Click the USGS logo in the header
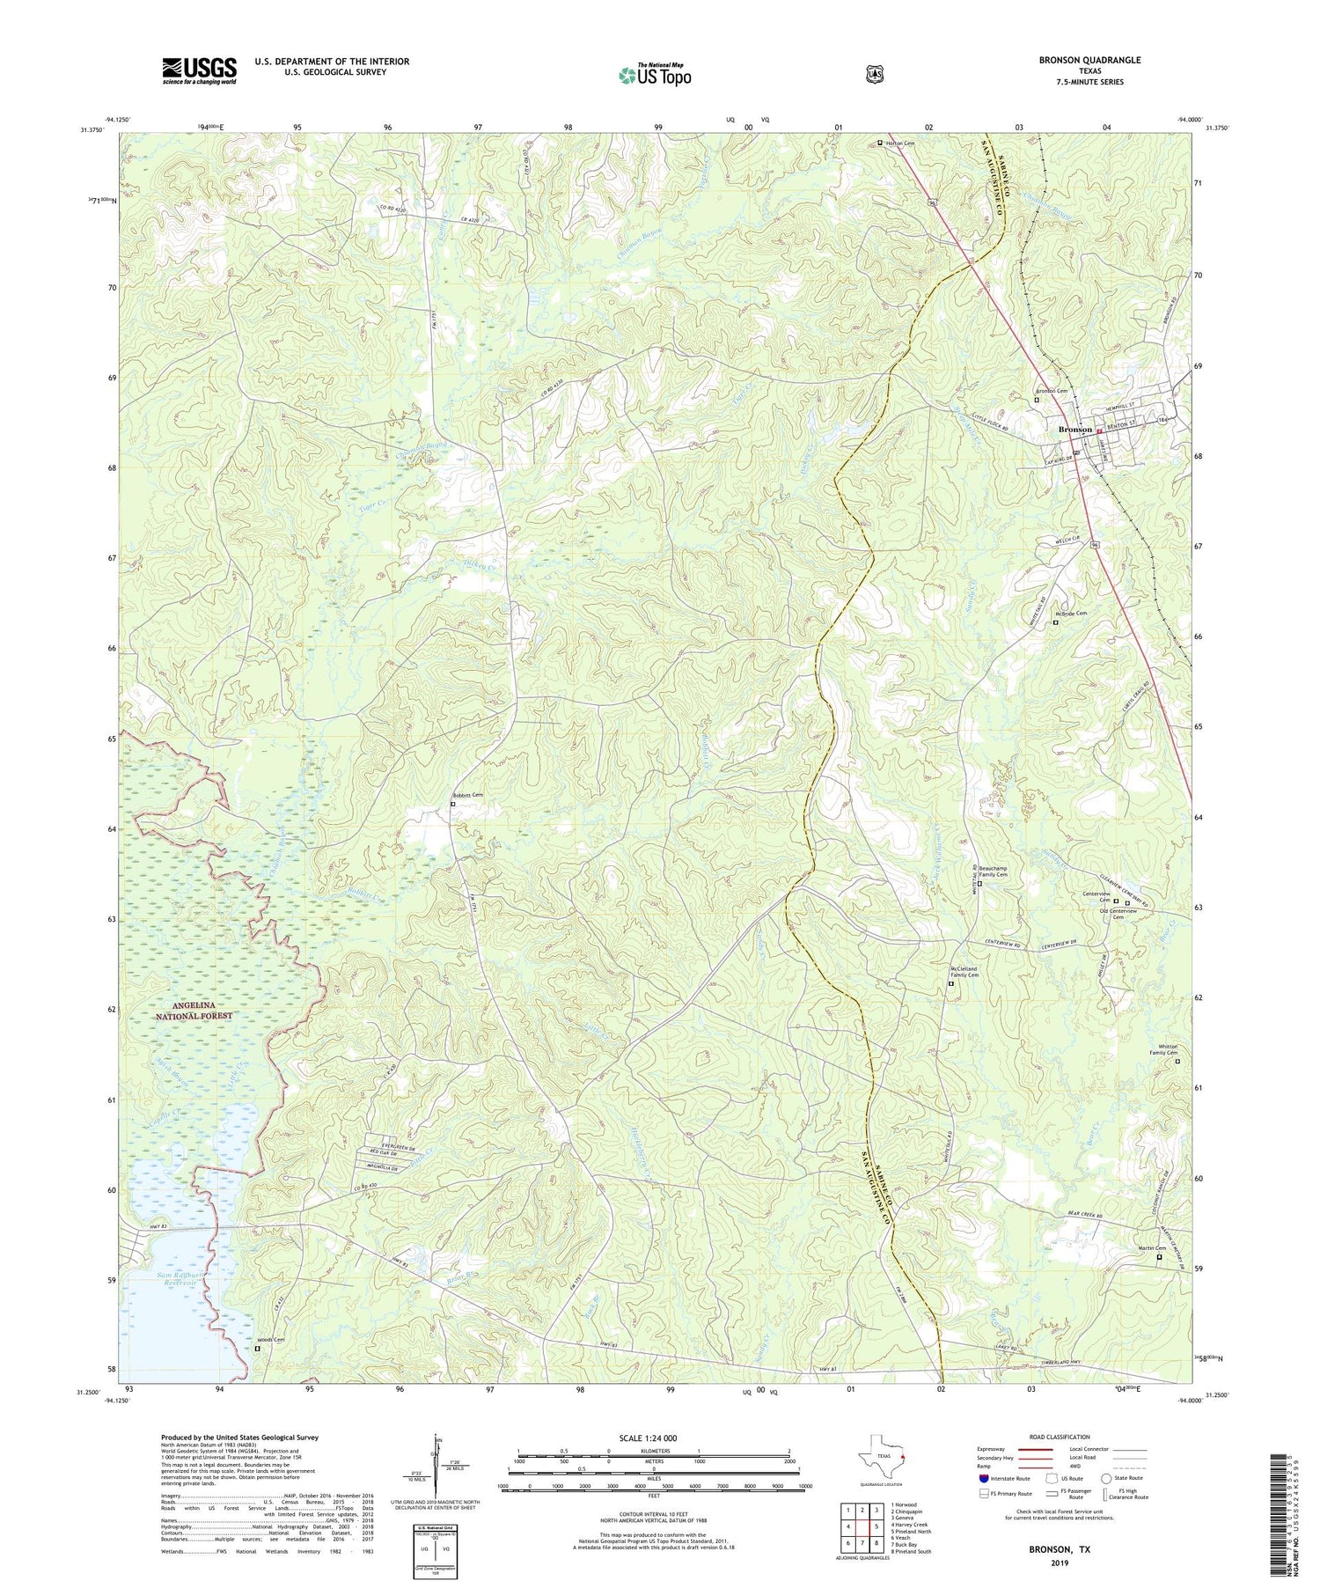[x=199, y=70]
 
